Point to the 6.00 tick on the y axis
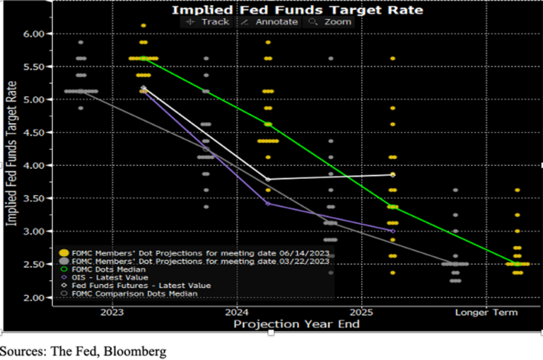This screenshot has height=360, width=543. pyautogui.click(x=34, y=34)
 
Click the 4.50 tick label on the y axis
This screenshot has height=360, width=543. pyautogui.click(x=34, y=132)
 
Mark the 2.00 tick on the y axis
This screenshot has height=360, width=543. pyautogui.click(x=34, y=297)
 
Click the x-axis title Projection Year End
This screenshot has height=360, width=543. pyautogui.click(x=296, y=324)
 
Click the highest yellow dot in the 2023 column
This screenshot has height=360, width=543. pyautogui.click(x=144, y=25)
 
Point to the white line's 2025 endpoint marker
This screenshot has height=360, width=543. pyautogui.click(x=392, y=175)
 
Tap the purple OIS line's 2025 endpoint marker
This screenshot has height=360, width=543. pyautogui.click(x=392, y=231)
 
